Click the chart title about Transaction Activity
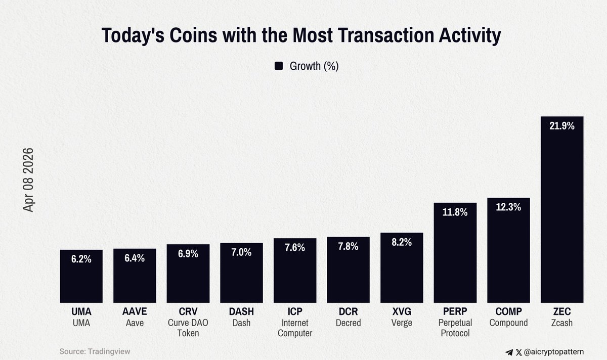click(301, 36)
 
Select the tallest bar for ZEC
click(562, 212)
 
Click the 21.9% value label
click(562, 126)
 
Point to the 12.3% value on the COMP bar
click(508, 207)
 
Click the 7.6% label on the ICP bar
click(295, 248)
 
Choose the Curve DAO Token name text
click(188, 328)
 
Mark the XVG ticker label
click(402, 312)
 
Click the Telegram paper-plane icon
click(509, 351)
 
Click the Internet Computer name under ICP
click(295, 328)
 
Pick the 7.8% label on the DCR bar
click(349, 246)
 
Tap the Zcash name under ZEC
click(562, 323)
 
